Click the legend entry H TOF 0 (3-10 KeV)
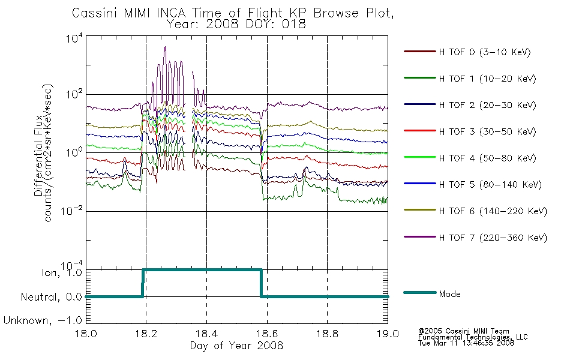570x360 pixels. click(467, 52)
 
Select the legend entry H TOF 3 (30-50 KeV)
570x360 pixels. click(470, 131)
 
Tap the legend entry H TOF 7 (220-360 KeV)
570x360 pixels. click(475, 238)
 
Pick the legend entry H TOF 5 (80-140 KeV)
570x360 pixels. click(473, 185)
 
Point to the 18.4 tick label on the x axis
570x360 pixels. click(207, 334)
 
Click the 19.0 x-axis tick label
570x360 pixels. click(388, 334)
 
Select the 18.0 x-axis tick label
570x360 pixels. click(86, 334)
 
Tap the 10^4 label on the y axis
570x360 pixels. click(74, 38)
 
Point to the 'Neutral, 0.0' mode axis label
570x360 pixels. click(51, 298)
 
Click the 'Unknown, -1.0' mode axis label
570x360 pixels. click(43, 321)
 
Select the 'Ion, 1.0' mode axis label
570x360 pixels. click(62, 273)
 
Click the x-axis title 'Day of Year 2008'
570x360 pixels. click(236, 346)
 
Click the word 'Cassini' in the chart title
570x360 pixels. click(95, 13)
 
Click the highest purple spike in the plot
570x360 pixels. click(165, 47)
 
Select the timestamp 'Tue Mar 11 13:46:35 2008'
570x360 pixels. click(466, 343)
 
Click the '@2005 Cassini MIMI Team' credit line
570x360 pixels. click(463, 331)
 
